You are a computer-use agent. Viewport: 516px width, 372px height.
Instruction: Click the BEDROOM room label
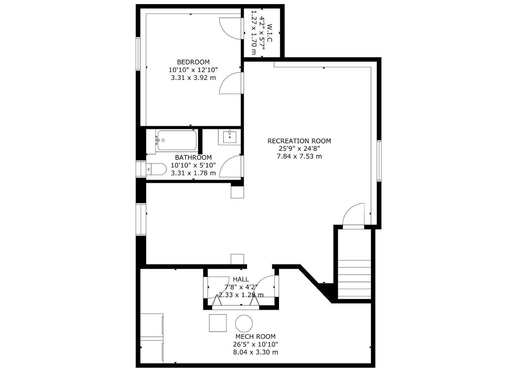coord(193,62)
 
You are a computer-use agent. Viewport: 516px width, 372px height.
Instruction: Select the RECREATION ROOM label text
coord(299,141)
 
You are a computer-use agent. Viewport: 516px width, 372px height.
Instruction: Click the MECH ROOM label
coord(255,337)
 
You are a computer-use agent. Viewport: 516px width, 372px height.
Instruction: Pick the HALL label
coord(240,279)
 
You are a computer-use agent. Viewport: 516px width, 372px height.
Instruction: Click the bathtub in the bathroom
coord(176,140)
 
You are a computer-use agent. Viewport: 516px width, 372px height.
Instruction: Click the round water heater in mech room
coord(244,323)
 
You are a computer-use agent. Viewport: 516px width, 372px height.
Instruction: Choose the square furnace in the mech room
coord(218,323)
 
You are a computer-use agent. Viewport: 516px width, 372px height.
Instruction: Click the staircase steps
coord(354,279)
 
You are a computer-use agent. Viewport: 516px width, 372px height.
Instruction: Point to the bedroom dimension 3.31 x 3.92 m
coord(193,78)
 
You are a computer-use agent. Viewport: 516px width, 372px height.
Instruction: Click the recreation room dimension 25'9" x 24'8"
coord(299,149)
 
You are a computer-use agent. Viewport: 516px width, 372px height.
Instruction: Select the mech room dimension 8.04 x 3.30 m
coord(255,352)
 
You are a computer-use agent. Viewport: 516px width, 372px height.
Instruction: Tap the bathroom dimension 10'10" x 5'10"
coord(193,165)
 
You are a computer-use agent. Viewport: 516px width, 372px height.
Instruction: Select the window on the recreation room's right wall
coord(379,161)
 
